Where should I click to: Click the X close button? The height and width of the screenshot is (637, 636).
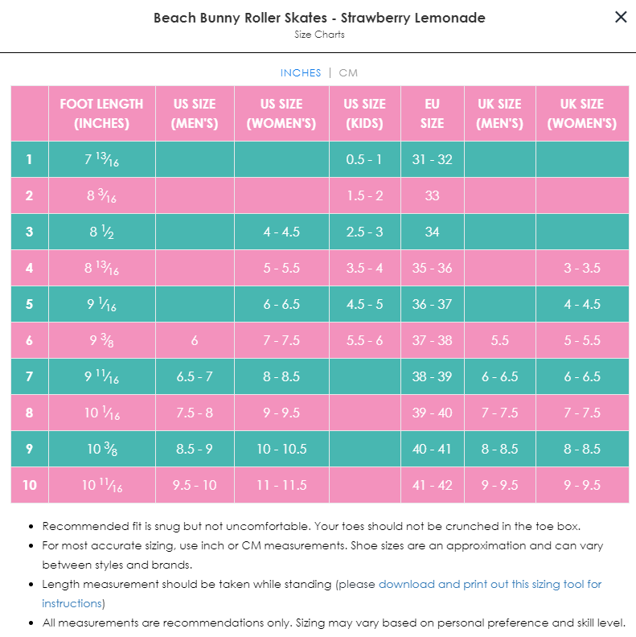(x=621, y=17)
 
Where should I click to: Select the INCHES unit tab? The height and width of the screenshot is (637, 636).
(x=301, y=73)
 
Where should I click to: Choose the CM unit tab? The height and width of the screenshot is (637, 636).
(x=348, y=73)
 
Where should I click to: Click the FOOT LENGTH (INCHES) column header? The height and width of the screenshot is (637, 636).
(x=101, y=113)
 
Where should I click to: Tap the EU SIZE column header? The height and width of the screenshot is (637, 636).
(x=432, y=113)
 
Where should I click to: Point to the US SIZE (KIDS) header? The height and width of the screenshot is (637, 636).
(x=364, y=113)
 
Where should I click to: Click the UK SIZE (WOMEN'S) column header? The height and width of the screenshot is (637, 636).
(x=581, y=113)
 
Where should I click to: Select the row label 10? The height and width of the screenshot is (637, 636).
(x=29, y=485)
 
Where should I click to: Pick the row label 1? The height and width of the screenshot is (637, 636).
(x=29, y=159)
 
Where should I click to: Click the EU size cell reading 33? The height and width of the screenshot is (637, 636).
(x=432, y=195)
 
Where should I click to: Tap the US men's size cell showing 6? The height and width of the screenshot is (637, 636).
(x=195, y=340)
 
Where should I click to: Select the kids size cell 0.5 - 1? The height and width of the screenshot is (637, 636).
(x=364, y=159)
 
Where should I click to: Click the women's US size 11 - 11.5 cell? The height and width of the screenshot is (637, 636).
(x=281, y=485)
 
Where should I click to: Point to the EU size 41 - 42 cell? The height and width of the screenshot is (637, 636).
(x=432, y=485)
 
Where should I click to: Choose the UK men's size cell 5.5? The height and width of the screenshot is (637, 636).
(x=499, y=340)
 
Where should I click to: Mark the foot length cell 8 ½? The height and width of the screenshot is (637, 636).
(x=101, y=232)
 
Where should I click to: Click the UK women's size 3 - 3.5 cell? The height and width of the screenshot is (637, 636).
(x=581, y=268)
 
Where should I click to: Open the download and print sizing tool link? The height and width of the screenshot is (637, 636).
(x=490, y=585)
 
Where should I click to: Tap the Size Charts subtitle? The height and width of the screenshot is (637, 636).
(x=319, y=35)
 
